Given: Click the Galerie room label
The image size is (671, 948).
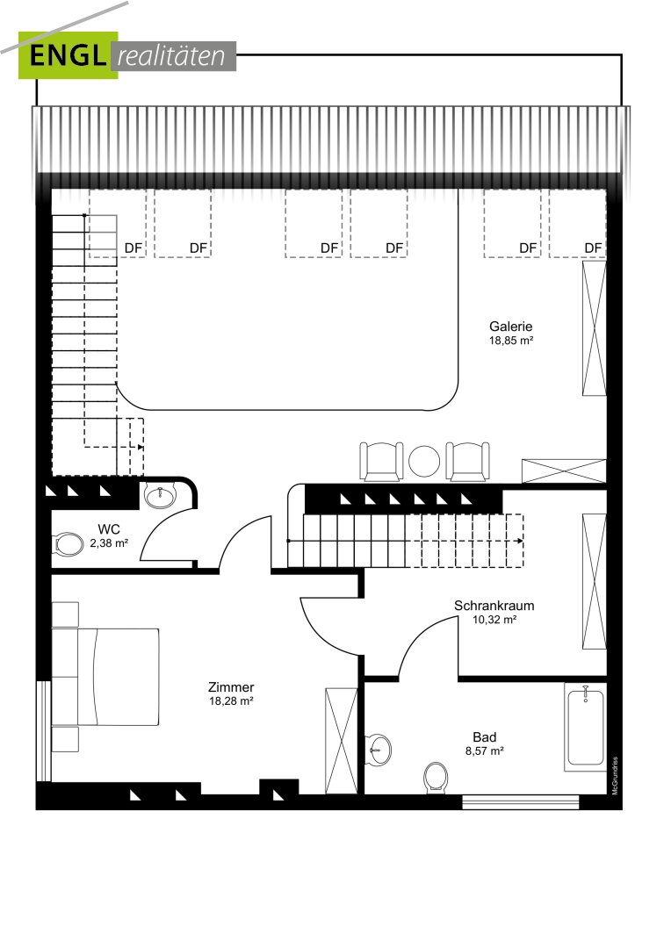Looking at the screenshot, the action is [x=510, y=327].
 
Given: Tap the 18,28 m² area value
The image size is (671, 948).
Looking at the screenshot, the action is [x=230, y=701].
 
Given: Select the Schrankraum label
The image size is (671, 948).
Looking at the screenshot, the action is [x=494, y=605].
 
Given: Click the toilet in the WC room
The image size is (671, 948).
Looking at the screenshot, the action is [x=69, y=544].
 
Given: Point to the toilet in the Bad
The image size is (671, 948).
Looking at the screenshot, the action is [x=437, y=777].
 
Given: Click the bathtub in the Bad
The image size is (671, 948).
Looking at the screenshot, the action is [x=585, y=727].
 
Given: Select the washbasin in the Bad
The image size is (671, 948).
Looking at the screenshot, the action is [x=379, y=749].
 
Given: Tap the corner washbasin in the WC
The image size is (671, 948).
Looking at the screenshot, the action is [x=161, y=496].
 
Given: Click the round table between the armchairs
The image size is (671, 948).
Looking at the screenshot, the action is [x=424, y=462].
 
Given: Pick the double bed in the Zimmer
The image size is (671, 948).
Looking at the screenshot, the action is [x=105, y=677].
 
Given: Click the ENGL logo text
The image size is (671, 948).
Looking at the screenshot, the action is [x=67, y=55].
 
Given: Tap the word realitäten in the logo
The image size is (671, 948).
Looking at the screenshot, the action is [x=171, y=56].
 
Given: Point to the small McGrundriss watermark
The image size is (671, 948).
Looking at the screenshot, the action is [x=616, y=776].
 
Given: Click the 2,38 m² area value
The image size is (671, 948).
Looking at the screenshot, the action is [x=109, y=543].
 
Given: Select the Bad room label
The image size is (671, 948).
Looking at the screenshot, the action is [x=485, y=737].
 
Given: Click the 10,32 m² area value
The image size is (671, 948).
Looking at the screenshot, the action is [x=494, y=620].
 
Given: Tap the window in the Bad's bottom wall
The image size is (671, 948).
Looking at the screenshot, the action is [x=520, y=801].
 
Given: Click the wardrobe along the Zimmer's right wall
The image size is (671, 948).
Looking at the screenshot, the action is [x=342, y=741].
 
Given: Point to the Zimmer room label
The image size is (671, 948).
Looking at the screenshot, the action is [x=231, y=687].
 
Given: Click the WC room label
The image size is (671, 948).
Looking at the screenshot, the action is [x=109, y=530].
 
